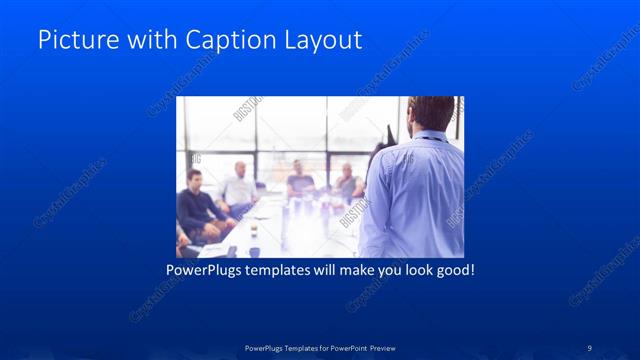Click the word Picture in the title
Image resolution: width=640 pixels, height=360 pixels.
pos(72,40)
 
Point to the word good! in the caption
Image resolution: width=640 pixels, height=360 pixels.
pos(452,271)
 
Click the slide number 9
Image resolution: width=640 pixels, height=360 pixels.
pos(589,347)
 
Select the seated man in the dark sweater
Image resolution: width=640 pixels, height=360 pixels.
pos(198,205)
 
